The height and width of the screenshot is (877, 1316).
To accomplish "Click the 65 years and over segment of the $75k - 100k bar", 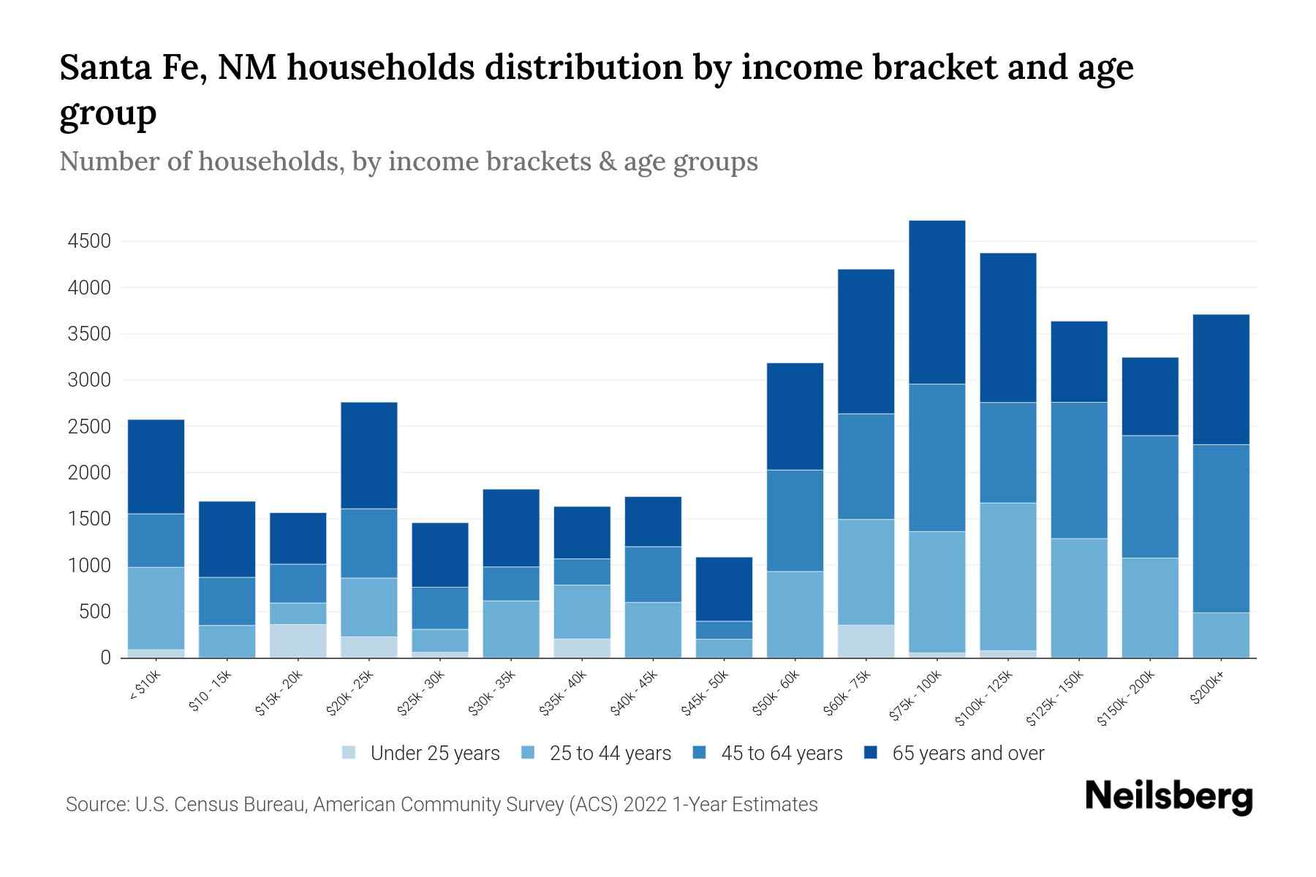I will coord(937,302).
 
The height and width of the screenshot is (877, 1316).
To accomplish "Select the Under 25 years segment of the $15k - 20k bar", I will coord(298,641).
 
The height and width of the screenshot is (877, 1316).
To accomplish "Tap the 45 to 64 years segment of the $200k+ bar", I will coord(1221,528).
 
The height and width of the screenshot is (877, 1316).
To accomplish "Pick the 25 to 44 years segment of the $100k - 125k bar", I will coord(1007,576).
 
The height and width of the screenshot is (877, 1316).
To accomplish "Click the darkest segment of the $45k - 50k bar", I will coord(724,589).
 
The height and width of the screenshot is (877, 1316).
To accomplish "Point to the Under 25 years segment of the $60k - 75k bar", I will coord(866,641).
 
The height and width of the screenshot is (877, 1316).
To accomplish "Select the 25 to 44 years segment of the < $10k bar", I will coord(156,608).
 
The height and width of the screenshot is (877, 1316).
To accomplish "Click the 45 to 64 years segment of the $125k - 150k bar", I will coord(1078,470).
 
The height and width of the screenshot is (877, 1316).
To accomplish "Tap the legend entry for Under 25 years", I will coord(422,753).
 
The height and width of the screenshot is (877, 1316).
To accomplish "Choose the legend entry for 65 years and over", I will coord(954,753).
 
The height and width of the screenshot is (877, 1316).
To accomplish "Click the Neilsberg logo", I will coord(1168,797).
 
